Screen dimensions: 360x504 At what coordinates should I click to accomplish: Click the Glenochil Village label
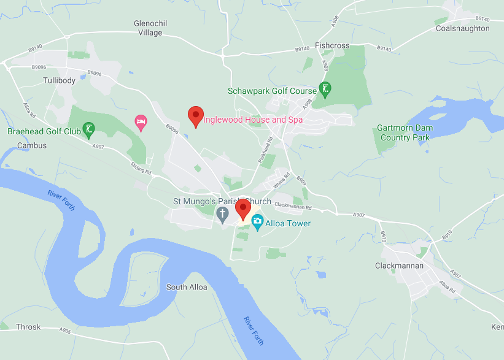tap(150, 28)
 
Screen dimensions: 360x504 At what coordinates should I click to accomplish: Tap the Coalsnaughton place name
tap(462, 28)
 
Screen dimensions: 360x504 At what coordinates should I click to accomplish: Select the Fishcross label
tap(331, 45)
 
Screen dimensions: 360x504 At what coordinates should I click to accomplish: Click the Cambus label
tap(32, 145)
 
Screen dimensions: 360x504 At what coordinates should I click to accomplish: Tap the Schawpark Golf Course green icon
tap(325, 90)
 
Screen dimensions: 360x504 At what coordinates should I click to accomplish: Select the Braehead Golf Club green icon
tap(90, 130)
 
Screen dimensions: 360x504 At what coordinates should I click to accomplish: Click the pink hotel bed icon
tap(141, 123)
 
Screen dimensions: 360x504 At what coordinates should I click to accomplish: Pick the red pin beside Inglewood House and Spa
tap(195, 115)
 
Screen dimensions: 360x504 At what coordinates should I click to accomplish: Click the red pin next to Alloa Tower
tap(244, 209)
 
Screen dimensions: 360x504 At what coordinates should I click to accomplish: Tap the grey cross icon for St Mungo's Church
tap(222, 215)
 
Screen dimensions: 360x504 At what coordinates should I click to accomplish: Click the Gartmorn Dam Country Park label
tap(405, 132)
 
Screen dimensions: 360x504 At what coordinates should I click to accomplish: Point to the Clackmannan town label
tap(399, 266)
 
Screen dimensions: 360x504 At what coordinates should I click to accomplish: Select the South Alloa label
tap(187, 287)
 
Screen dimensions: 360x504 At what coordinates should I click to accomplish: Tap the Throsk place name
tap(28, 327)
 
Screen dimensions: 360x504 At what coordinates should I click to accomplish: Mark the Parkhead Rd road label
tap(266, 148)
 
